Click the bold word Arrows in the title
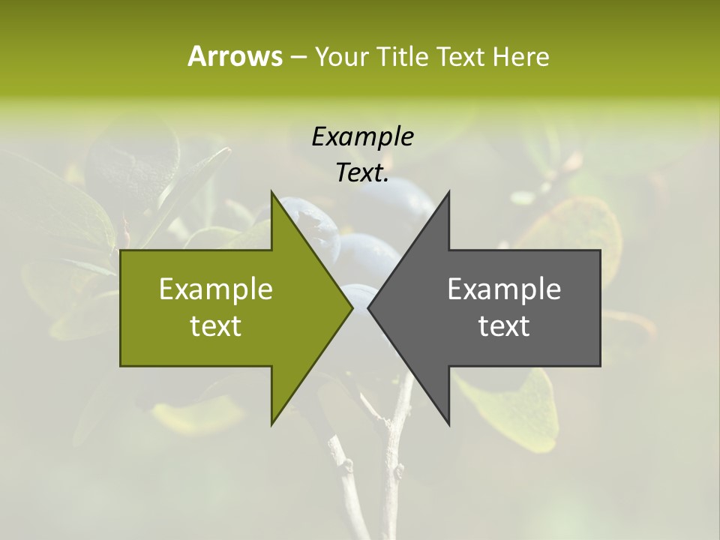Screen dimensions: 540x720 pos(235,56)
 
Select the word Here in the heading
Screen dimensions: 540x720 pos(520,56)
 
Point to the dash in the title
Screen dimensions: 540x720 pos(298,57)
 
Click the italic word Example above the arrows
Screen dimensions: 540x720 pos(362,136)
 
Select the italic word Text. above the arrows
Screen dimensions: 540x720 pos(362,172)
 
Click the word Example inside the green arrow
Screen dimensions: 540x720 pos(216,289)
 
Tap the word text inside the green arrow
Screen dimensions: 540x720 pos(216,326)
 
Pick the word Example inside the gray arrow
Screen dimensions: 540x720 pos(504,289)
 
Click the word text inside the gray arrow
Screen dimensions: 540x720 pos(504,326)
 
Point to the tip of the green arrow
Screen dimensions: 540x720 pos(350,307)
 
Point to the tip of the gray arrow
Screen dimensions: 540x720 pos(370,307)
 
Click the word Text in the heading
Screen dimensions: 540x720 pos(461,56)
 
